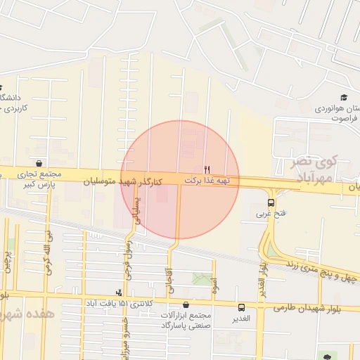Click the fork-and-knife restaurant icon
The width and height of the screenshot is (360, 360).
click(207, 169)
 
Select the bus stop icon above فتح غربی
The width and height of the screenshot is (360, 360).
click(271, 202)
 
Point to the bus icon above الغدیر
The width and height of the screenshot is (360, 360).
click(242, 307)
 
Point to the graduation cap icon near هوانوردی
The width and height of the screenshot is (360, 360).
click(344, 97)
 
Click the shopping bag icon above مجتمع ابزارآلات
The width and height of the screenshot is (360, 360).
click(186, 305)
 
